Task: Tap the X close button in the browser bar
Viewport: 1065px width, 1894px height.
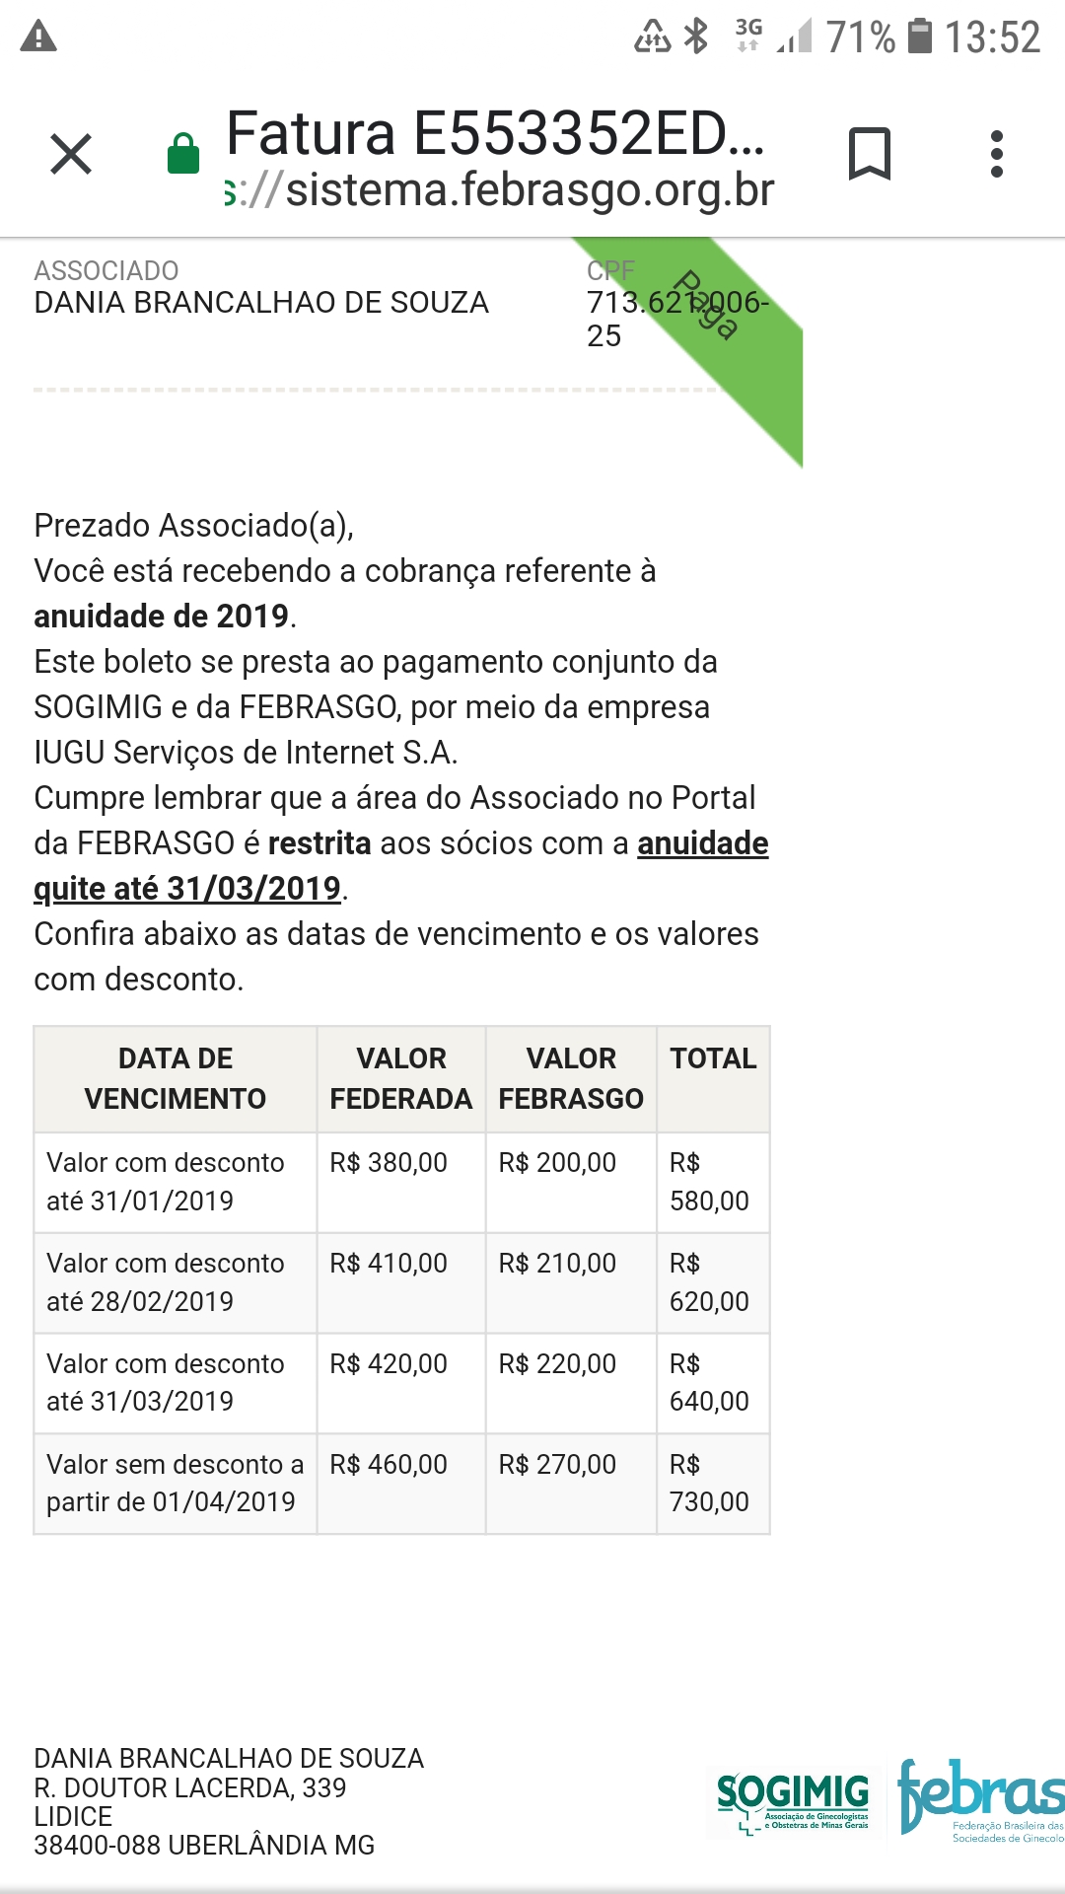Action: click(71, 154)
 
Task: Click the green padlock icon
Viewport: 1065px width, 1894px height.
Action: click(183, 154)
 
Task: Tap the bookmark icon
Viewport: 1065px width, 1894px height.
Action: click(869, 154)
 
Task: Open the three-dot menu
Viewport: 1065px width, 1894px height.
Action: click(997, 154)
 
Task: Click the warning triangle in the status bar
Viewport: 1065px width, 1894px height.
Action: click(38, 37)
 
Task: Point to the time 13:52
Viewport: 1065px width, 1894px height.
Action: click(992, 37)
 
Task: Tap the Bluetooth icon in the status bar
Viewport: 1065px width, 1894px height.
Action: click(697, 36)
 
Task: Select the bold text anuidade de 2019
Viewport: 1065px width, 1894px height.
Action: click(162, 617)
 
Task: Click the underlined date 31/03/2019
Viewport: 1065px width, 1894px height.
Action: click(253, 889)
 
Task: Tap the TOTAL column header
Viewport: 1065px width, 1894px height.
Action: click(713, 1058)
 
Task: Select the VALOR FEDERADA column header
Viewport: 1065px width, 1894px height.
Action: click(400, 1078)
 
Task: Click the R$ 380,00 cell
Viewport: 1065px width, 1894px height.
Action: click(389, 1163)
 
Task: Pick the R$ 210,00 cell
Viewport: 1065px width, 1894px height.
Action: click(557, 1264)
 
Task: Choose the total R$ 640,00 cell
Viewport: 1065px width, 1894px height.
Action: click(709, 1383)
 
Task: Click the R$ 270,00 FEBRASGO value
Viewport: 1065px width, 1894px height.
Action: click(557, 1465)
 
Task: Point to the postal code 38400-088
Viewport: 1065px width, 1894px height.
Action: click(95, 1846)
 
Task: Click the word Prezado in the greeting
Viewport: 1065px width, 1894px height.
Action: click(93, 526)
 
